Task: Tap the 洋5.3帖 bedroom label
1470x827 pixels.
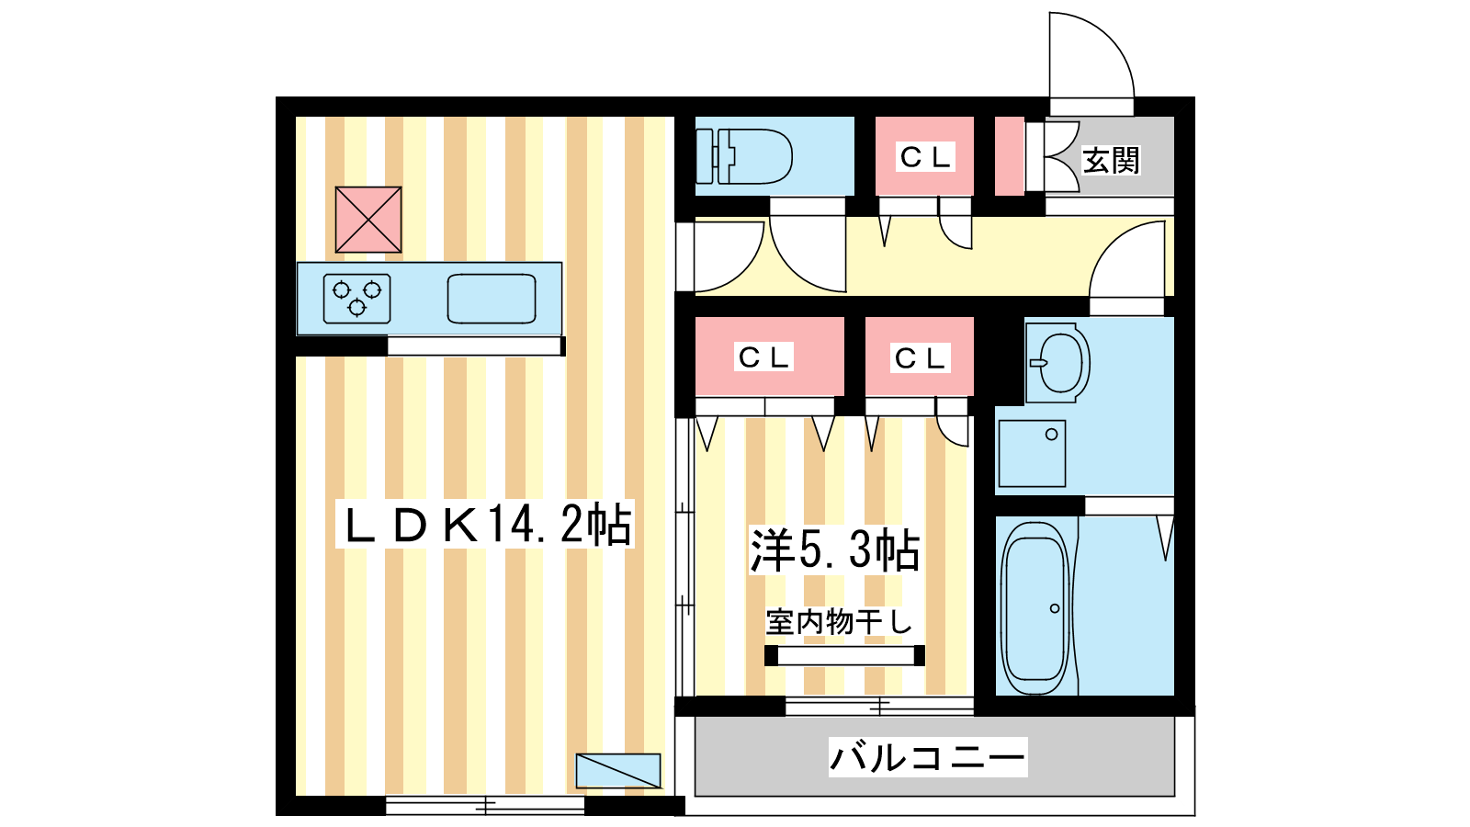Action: coord(834,549)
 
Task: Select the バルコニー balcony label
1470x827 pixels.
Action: coord(927,757)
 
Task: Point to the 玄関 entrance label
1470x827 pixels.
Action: coord(1111,160)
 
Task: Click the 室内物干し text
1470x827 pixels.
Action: coord(839,621)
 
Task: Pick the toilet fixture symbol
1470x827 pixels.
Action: coord(743,156)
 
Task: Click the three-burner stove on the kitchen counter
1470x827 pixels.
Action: coord(357,299)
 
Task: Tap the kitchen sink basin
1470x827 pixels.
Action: coord(492,299)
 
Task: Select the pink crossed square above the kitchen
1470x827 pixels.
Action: coord(368,220)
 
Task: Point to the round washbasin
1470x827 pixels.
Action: coord(1057,362)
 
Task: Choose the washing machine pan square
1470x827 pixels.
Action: coord(1032,454)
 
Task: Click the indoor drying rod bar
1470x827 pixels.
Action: coord(844,655)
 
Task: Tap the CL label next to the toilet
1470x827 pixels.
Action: coord(924,157)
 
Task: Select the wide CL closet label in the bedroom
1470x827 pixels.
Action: coord(763,357)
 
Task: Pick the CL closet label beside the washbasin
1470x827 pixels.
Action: coord(920,358)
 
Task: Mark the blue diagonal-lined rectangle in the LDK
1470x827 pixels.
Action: coord(618,771)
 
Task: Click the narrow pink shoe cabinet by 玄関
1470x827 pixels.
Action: coord(1010,156)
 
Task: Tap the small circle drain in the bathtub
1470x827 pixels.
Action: coord(1055,608)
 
